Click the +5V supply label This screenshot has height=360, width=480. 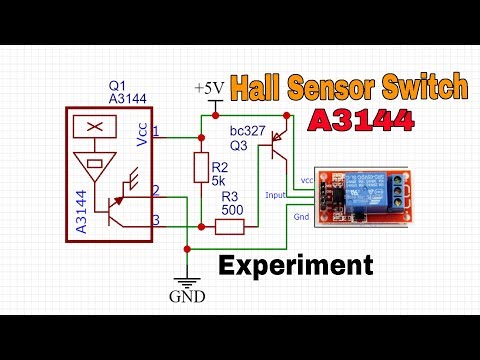pyautogui.click(x=211, y=89)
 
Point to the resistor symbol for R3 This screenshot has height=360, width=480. pyautogui.click(x=230, y=227)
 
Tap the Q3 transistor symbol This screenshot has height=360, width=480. pyautogui.click(x=278, y=146)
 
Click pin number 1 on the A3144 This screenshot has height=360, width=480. pyautogui.click(x=156, y=133)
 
